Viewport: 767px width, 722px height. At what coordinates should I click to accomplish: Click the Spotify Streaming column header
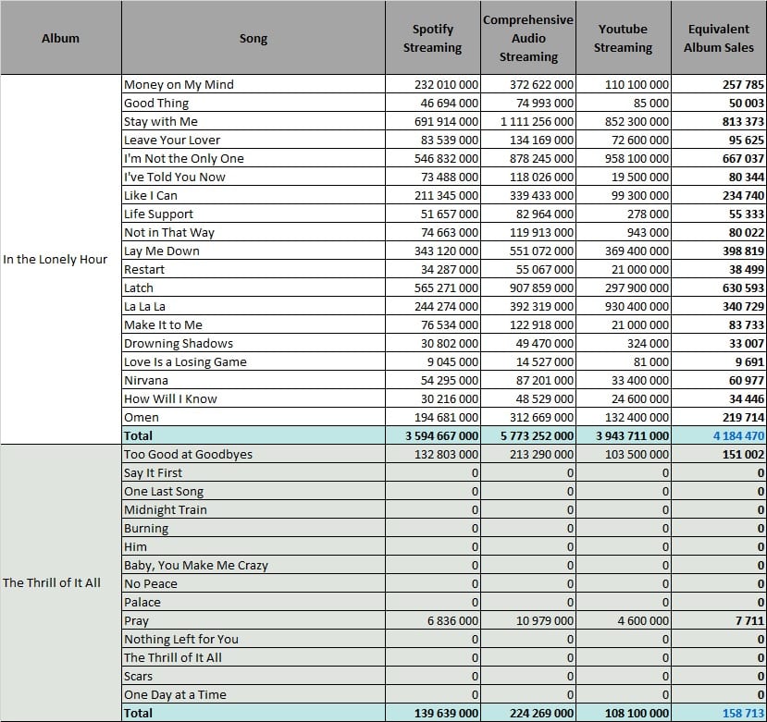pyautogui.click(x=432, y=38)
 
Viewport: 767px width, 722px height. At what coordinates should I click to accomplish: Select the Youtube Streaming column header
pyautogui.click(x=624, y=38)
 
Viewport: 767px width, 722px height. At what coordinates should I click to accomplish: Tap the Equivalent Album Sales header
pyautogui.click(x=719, y=38)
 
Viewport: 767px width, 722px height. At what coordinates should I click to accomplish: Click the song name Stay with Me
pyautogui.click(x=161, y=121)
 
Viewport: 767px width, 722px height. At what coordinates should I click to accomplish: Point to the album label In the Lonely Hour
pyautogui.click(x=55, y=259)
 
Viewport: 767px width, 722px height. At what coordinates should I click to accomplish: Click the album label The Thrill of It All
pyautogui.click(x=52, y=582)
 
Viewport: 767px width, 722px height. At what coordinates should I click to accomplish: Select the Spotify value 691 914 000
pyautogui.click(x=446, y=121)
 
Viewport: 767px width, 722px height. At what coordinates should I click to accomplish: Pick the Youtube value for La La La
pyautogui.click(x=637, y=307)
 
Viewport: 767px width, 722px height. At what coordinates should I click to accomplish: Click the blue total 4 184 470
pyautogui.click(x=738, y=435)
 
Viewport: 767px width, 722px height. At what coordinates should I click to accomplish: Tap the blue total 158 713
pyautogui.click(x=743, y=713)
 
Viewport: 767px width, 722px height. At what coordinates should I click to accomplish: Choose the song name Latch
pyautogui.click(x=139, y=288)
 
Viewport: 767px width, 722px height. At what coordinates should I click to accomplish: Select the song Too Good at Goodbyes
pyautogui.click(x=189, y=454)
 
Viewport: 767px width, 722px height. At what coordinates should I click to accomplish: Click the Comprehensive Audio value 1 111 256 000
pyautogui.click(x=537, y=121)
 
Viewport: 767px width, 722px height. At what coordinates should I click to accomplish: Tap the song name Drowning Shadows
pyautogui.click(x=179, y=344)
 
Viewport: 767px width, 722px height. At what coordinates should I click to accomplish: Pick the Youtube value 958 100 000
pyautogui.click(x=637, y=158)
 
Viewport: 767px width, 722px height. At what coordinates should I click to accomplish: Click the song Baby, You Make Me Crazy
pyautogui.click(x=196, y=565)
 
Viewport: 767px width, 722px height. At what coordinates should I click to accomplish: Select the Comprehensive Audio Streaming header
pyautogui.click(x=528, y=38)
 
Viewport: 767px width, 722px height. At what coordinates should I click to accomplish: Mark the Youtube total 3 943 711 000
pyautogui.click(x=632, y=435)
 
